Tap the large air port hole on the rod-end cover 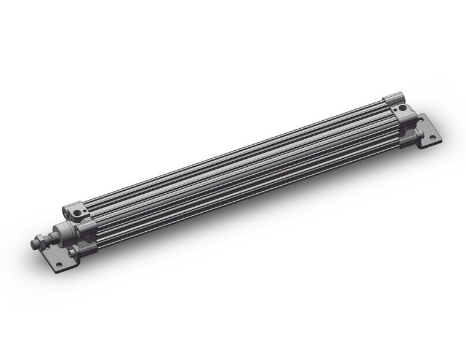click(77, 213)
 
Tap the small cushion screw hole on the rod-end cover click(85, 210)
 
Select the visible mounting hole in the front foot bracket click(59, 265)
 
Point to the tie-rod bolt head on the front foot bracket click(72, 252)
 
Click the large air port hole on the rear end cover click(402, 108)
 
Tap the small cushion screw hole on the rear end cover click(395, 110)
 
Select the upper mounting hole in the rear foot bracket click(421, 120)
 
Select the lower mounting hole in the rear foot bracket click(432, 137)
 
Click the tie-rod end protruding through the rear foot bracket click(422, 133)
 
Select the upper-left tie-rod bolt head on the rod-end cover click(66, 214)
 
